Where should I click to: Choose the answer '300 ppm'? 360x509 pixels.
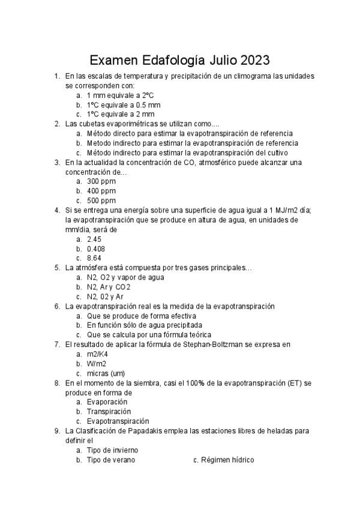[x=101, y=181]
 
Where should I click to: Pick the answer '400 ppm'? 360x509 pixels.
[x=101, y=191]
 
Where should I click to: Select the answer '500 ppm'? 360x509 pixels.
[x=101, y=200]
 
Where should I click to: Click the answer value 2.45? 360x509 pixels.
[x=94, y=239]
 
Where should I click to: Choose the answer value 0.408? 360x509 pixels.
[x=96, y=248]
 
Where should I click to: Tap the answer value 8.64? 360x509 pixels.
[x=94, y=258]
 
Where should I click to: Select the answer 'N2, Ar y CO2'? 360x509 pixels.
[x=109, y=287]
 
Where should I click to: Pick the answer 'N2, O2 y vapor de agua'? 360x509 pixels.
[x=125, y=277]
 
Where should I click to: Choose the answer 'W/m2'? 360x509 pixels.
[x=97, y=364]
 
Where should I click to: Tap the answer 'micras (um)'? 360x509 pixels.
[x=106, y=373]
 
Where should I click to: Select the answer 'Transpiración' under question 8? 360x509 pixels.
[x=109, y=412]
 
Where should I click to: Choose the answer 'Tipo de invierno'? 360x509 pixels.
[x=113, y=450]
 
